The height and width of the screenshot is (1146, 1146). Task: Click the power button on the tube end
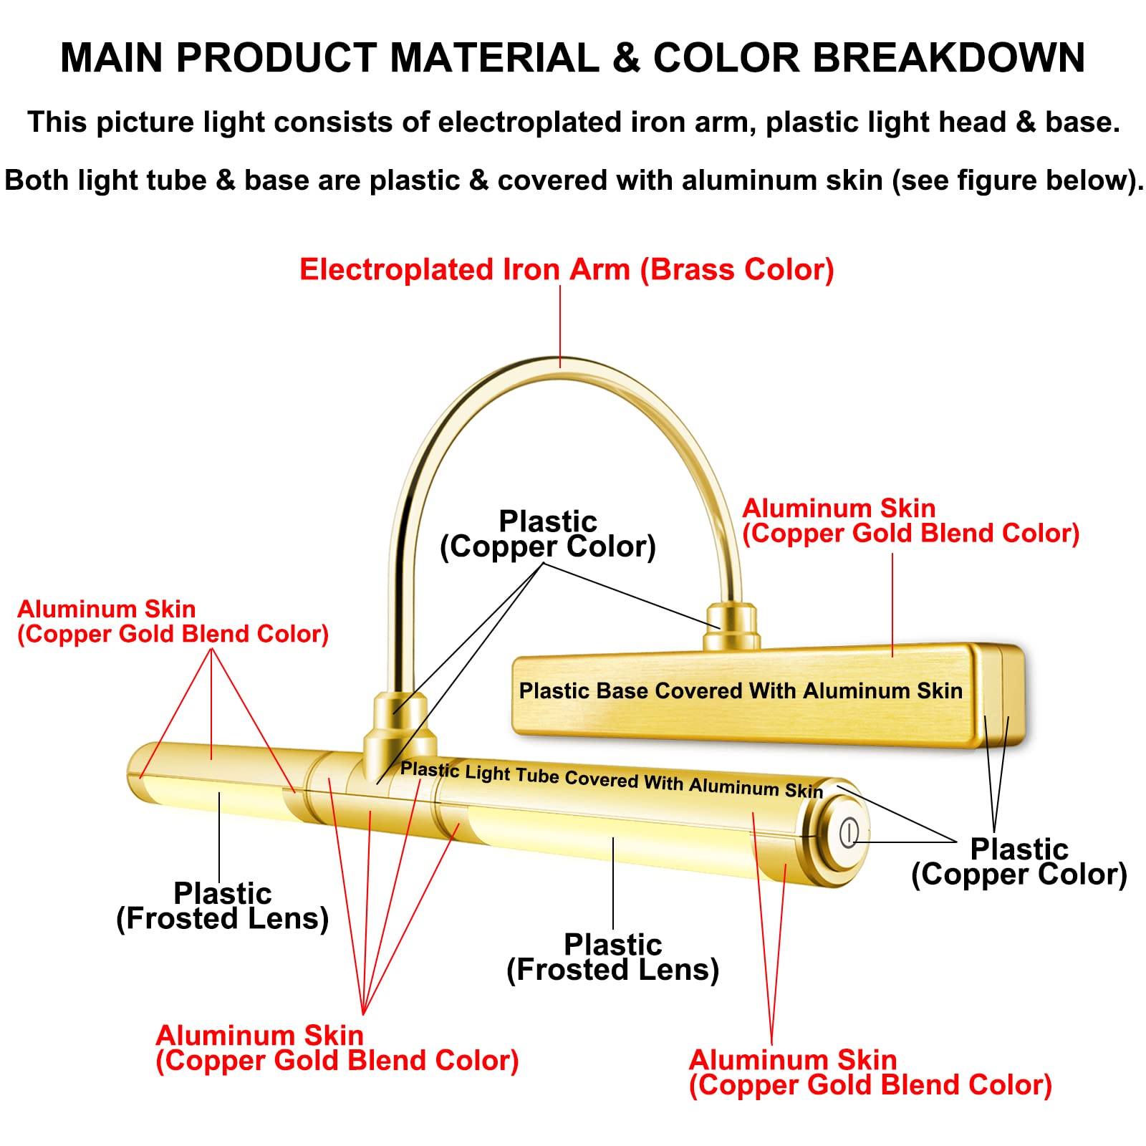(x=849, y=832)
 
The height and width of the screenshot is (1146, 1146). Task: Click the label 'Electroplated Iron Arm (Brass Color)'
(x=567, y=270)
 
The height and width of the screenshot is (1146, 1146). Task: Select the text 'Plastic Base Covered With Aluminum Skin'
(x=741, y=690)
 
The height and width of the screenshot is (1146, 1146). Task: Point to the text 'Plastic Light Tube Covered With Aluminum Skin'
(x=612, y=780)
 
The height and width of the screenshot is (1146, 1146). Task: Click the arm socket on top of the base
(x=731, y=627)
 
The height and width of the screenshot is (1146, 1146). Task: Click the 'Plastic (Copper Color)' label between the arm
(x=548, y=534)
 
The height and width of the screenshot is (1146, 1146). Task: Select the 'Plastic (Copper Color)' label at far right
(x=1019, y=862)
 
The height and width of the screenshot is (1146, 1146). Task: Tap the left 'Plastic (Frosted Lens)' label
(x=222, y=906)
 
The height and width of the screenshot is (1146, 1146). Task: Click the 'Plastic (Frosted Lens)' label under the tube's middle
(x=612, y=957)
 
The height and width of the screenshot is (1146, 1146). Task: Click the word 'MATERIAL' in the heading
(x=494, y=57)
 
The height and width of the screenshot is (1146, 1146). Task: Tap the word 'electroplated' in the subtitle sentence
(x=529, y=122)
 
